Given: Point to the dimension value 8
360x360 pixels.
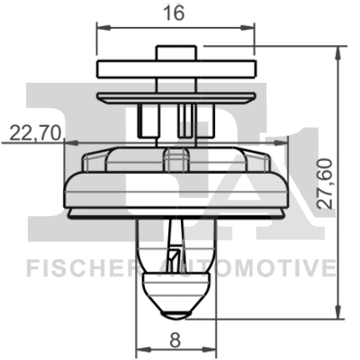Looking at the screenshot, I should [x=175, y=340].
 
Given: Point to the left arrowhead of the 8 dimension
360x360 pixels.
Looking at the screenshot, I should [x=139, y=350].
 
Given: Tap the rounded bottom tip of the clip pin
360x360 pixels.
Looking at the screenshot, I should [x=175, y=312].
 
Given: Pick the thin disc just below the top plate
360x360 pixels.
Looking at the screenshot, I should [x=175, y=93].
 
